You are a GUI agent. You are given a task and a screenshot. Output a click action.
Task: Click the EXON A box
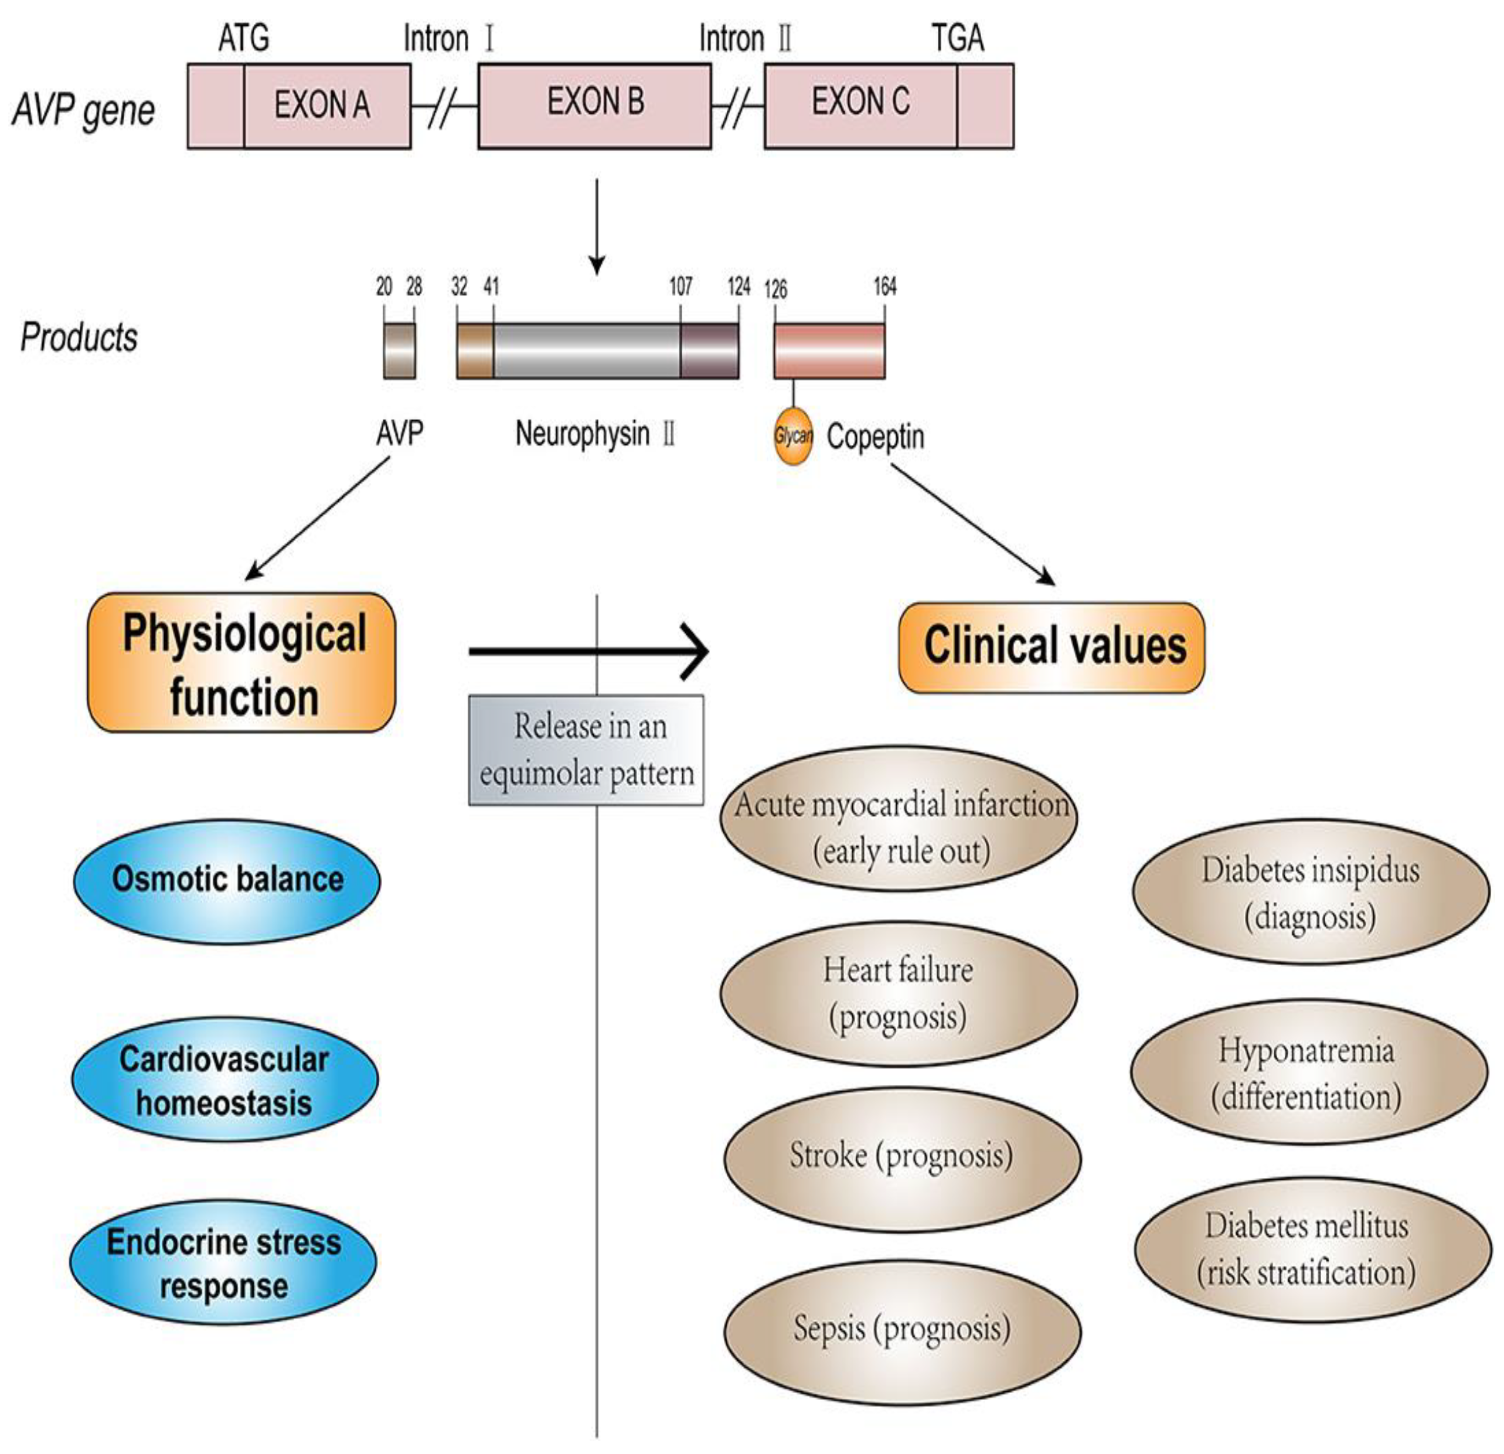coord(300,106)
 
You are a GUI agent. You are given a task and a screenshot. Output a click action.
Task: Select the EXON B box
coord(595,106)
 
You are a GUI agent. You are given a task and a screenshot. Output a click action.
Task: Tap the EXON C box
coord(889,106)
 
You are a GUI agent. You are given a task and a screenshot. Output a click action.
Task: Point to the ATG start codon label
coord(244,38)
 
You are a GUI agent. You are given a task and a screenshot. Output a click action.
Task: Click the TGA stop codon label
coord(958,38)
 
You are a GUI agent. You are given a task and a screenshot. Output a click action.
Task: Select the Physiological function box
coord(241,662)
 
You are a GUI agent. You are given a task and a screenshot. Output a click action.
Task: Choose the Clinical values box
coord(1052,648)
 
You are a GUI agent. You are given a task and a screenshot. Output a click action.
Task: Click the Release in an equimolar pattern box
coord(586,750)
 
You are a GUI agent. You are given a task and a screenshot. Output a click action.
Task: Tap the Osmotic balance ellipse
coord(227,881)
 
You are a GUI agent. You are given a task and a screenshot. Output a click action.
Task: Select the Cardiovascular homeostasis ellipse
coord(225,1080)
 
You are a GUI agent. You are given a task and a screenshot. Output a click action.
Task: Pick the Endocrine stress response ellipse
coord(223,1262)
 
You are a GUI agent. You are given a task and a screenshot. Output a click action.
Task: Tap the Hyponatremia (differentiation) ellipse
coord(1308,1072)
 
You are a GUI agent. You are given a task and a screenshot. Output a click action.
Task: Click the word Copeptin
coord(876,437)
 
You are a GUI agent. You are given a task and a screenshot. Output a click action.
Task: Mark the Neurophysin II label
coord(595,434)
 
